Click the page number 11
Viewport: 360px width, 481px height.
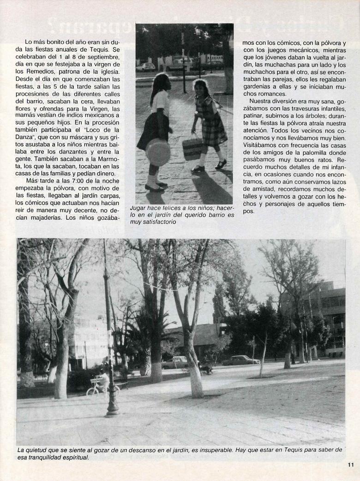click(x=350, y=465)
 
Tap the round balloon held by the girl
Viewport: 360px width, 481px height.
click(x=158, y=152)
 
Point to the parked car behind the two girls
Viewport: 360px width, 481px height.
click(x=146, y=66)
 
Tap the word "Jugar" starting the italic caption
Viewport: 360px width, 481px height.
click(x=139, y=208)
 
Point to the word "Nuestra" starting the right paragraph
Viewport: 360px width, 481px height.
click(x=263, y=101)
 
